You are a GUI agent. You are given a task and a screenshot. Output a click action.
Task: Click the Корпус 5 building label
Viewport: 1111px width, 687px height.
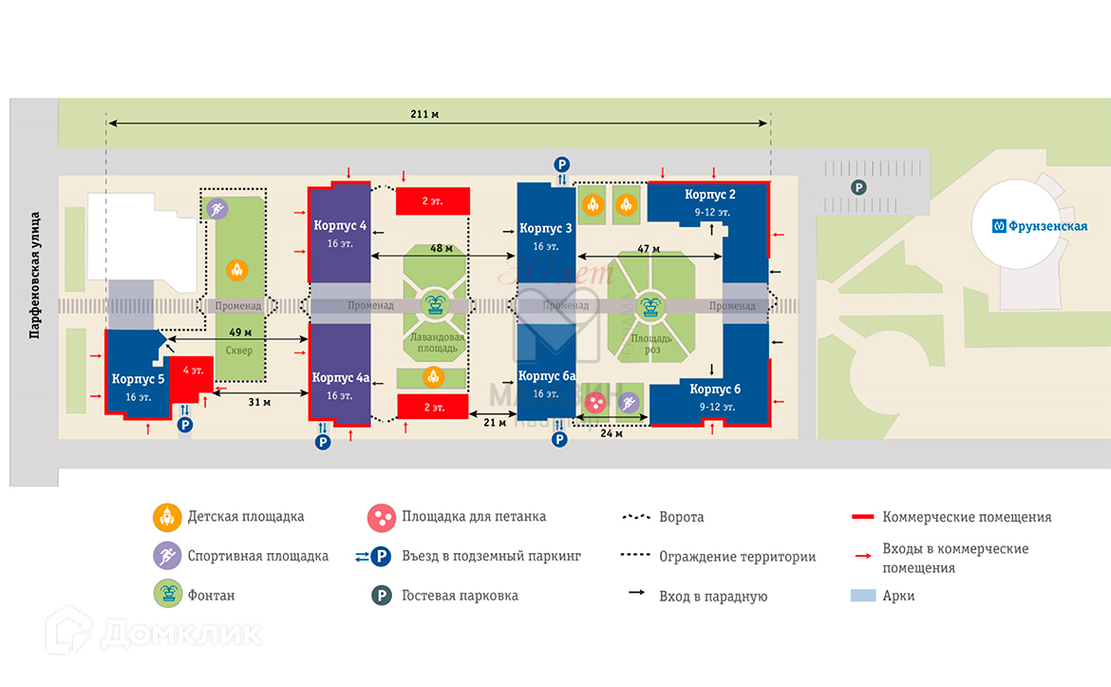[x=139, y=379]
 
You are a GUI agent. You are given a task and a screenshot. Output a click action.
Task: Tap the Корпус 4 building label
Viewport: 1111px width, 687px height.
[x=340, y=225]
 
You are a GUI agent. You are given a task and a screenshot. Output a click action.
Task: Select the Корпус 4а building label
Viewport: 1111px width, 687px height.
[x=340, y=377]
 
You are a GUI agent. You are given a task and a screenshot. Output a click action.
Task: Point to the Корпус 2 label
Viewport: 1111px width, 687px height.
[x=711, y=195]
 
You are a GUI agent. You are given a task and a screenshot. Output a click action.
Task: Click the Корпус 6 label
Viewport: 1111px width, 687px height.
[x=715, y=390]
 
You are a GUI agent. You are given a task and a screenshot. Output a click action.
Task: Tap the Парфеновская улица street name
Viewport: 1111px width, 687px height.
[x=34, y=275]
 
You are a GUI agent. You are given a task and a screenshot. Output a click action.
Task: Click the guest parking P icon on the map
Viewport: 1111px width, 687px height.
[x=858, y=188]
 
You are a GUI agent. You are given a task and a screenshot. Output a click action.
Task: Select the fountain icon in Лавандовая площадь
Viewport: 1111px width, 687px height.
[x=435, y=305]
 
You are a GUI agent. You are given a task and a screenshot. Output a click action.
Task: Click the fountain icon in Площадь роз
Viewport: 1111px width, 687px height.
[x=651, y=305]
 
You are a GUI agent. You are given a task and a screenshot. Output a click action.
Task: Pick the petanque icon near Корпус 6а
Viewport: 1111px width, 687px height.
[x=595, y=404]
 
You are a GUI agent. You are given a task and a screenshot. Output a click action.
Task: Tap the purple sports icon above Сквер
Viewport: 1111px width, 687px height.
[x=217, y=209]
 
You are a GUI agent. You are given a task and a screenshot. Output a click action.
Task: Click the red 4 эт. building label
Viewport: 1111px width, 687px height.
[x=193, y=370]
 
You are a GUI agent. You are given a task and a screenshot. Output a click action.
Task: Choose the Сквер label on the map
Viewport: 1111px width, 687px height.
[x=239, y=350]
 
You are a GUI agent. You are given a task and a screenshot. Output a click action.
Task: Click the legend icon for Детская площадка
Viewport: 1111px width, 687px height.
[x=167, y=518]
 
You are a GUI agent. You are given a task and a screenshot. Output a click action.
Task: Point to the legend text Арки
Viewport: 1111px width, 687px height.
[x=898, y=596]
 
